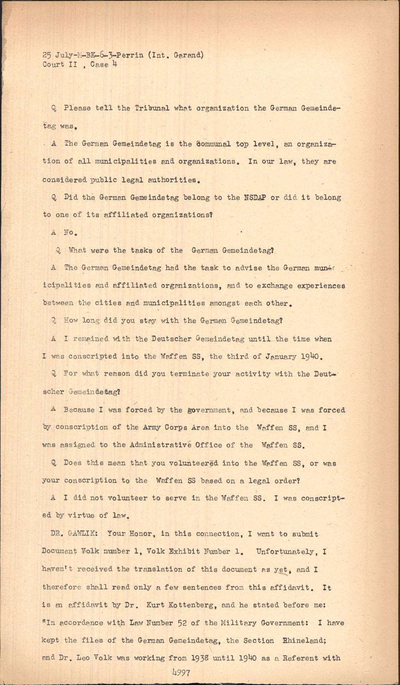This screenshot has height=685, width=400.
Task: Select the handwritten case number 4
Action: point(115,65)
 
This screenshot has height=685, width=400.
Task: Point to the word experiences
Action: point(317,286)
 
